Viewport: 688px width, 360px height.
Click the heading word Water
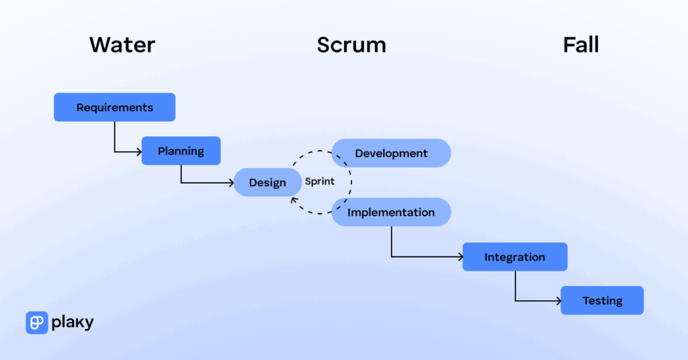[122, 45]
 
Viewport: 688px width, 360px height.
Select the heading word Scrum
[351, 45]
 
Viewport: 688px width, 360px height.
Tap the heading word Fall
[580, 45]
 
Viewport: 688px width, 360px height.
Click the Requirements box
[114, 107]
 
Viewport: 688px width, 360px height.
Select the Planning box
[181, 151]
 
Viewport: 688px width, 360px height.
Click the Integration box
[515, 257]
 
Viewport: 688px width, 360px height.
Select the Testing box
[602, 301]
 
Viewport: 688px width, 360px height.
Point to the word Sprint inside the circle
[320, 181]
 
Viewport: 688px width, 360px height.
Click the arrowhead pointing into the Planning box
[138, 152]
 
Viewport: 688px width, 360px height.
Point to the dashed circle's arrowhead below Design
[293, 200]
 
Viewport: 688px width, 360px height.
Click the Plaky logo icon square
[37, 323]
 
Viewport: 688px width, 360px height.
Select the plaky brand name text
[73, 323]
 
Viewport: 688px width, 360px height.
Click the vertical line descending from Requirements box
[114, 136]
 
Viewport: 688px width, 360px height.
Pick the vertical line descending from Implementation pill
[392, 242]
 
